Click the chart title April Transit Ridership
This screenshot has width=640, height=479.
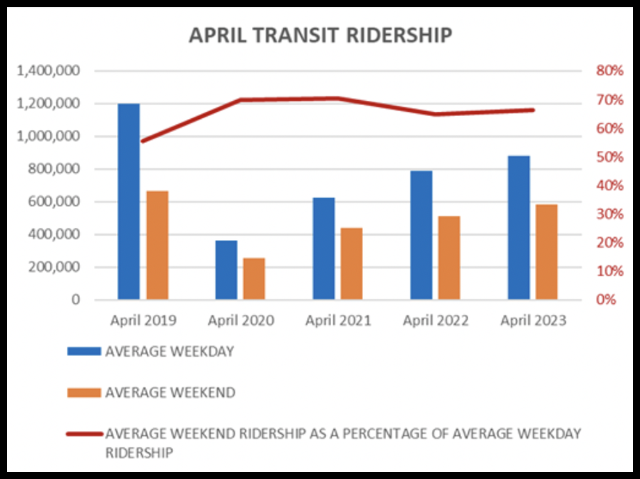(320, 35)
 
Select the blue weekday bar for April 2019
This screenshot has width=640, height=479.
(129, 202)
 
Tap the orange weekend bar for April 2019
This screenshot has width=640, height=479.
(157, 245)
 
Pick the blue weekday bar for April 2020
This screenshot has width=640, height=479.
(226, 270)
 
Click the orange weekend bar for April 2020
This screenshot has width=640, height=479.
(255, 279)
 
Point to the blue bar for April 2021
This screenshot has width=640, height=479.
(323, 248)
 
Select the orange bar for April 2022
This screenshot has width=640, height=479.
(449, 258)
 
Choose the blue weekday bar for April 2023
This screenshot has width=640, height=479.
(518, 227)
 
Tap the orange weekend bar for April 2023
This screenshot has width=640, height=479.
(547, 252)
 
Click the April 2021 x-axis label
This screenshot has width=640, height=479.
(338, 320)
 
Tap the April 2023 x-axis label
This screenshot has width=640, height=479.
(533, 320)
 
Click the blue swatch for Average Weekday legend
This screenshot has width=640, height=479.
(83, 352)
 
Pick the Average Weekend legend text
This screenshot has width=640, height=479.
(170, 393)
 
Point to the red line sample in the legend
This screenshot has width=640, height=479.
(83, 434)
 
